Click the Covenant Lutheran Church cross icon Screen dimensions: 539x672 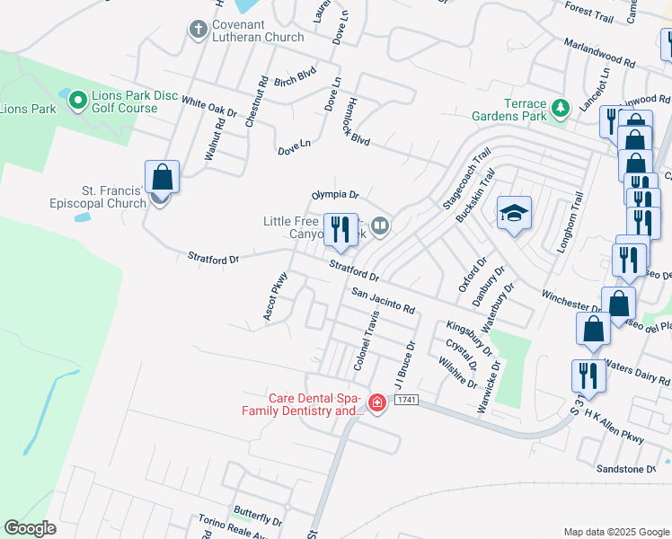point(199,31)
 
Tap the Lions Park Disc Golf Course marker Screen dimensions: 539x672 point(77,98)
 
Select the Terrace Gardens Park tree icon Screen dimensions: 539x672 point(561,108)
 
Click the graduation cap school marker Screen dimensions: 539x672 point(514,214)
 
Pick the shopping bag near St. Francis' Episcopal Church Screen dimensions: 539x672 point(162,177)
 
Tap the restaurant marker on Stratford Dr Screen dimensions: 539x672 point(340,230)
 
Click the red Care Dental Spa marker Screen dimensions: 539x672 point(377,402)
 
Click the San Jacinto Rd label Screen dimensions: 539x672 point(384,301)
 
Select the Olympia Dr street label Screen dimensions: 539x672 point(335,194)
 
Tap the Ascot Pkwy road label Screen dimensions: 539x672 point(274,296)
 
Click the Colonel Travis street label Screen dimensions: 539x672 point(362,341)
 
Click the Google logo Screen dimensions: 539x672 point(31,528)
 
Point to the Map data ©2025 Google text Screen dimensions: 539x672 point(615,532)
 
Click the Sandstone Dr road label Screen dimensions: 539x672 point(627,469)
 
